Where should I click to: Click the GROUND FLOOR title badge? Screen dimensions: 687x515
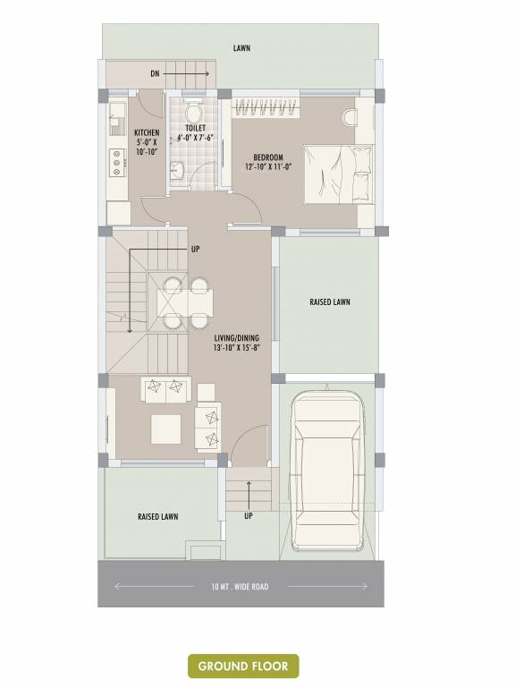(242, 666)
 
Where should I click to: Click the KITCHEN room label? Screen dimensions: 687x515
(147, 133)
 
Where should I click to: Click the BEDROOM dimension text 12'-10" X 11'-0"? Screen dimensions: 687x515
(267, 167)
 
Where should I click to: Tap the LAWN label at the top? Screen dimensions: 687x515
(241, 47)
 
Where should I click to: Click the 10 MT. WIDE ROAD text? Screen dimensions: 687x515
(240, 587)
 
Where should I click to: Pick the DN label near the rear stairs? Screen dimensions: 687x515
(155, 73)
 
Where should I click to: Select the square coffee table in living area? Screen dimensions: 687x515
(165, 428)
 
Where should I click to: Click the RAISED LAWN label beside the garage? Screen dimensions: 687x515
(329, 302)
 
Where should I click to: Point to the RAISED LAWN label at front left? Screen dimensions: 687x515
(157, 517)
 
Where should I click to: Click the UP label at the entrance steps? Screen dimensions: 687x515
(249, 516)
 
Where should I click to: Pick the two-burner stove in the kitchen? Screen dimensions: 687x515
(115, 160)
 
